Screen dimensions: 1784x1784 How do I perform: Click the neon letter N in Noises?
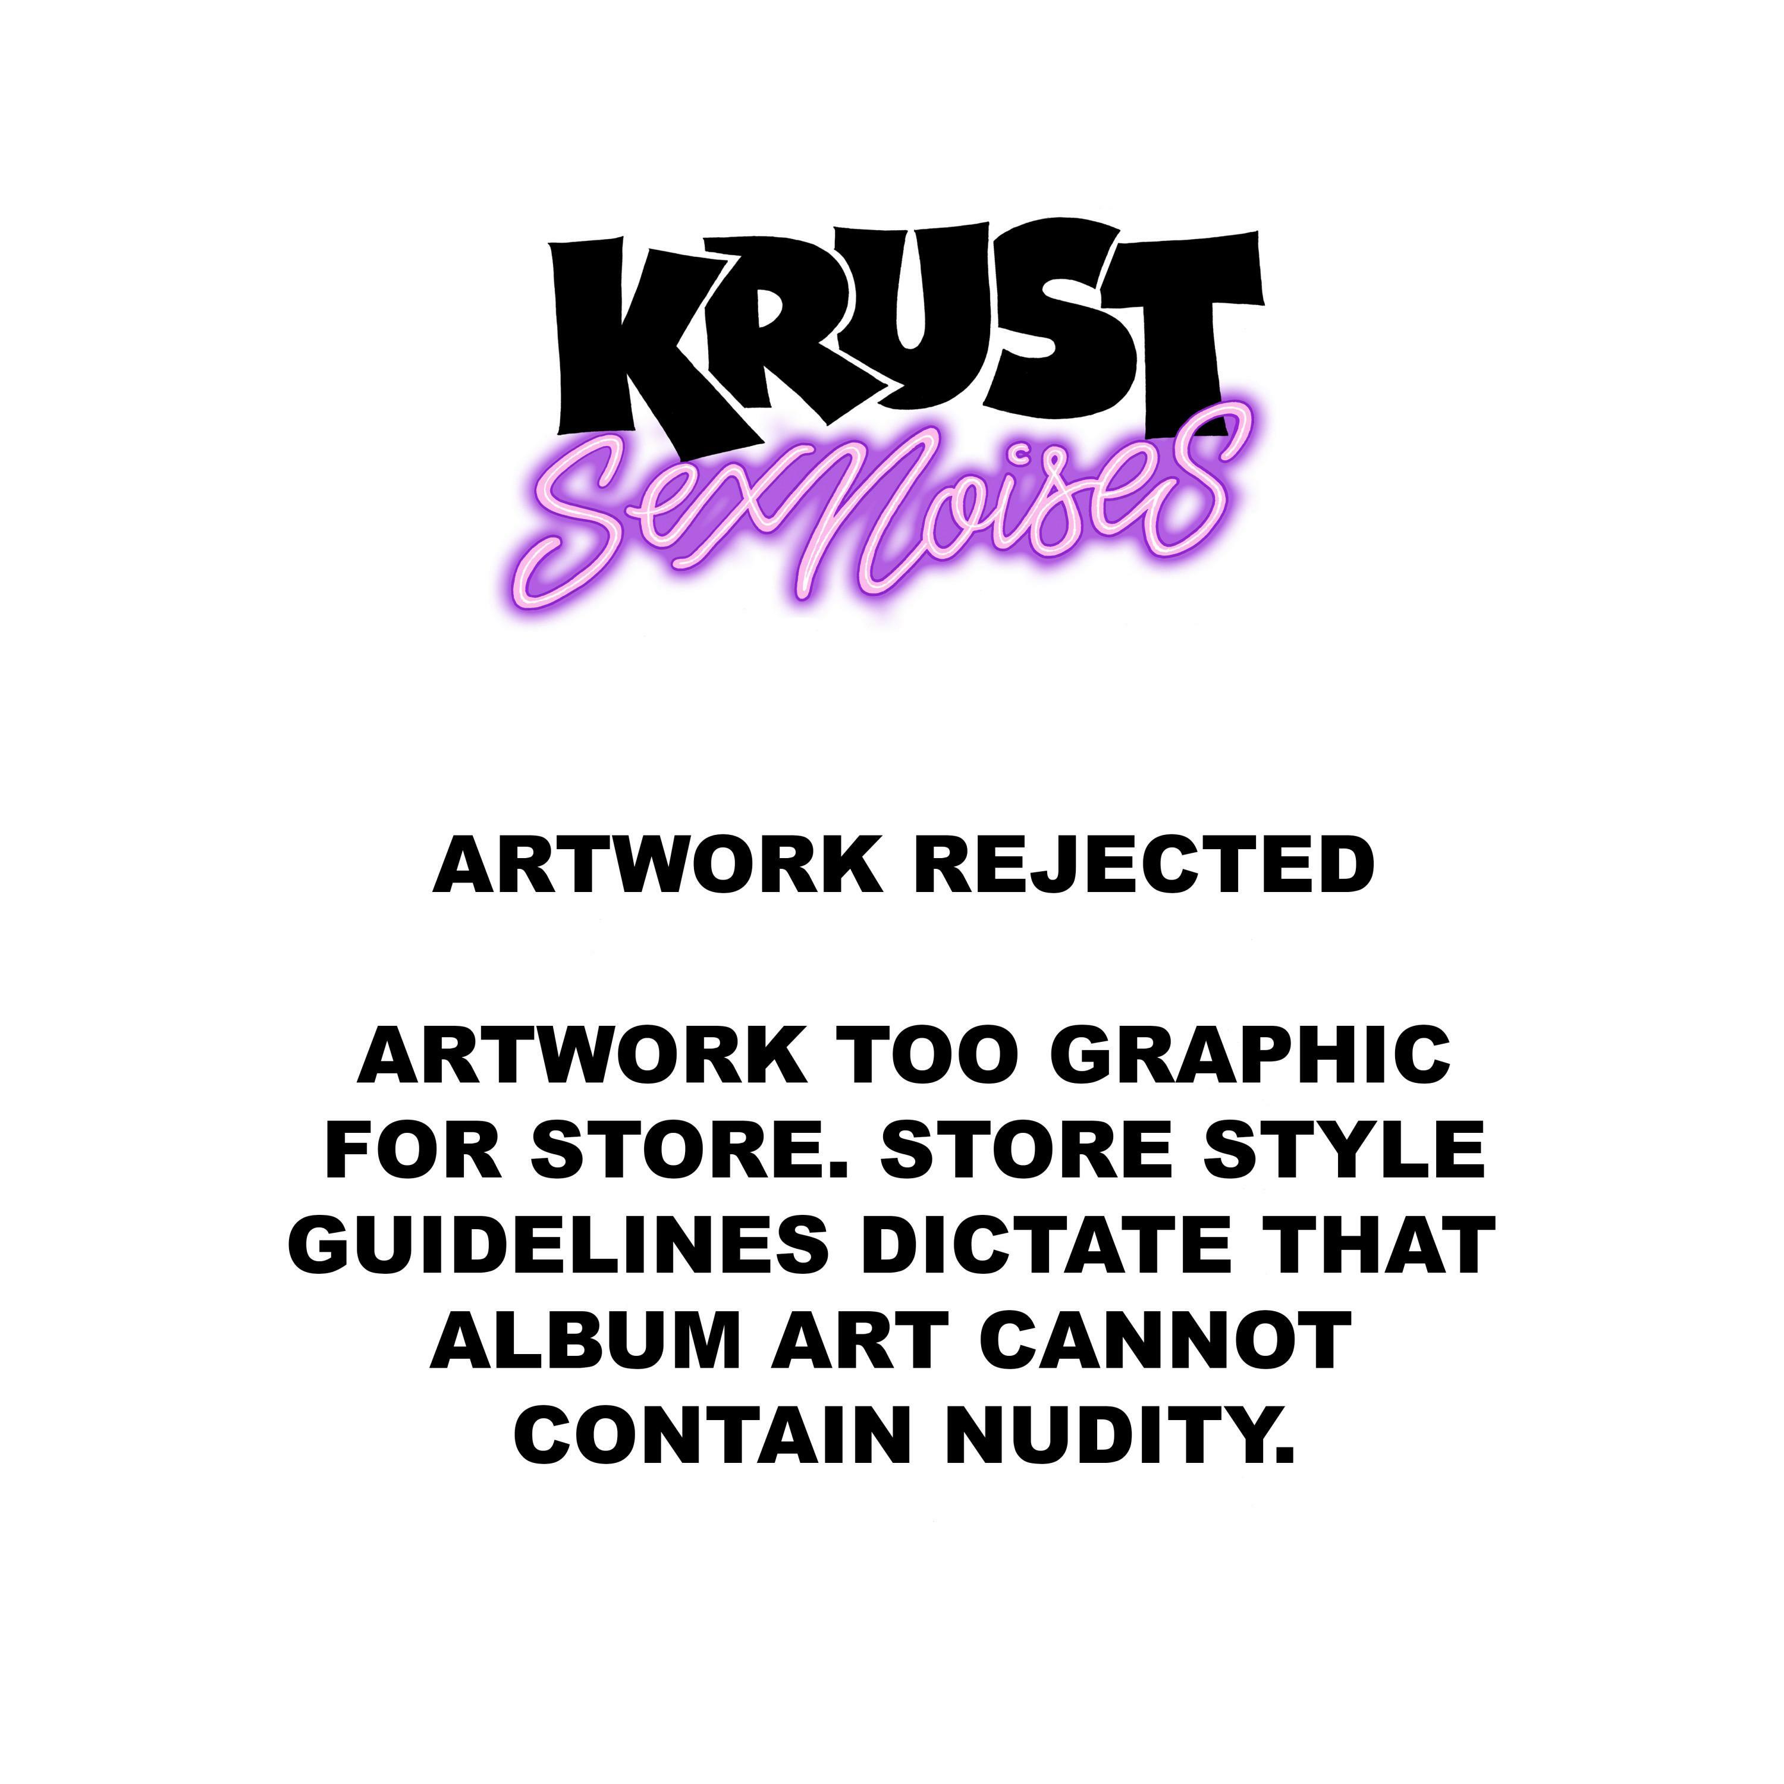(859, 517)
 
